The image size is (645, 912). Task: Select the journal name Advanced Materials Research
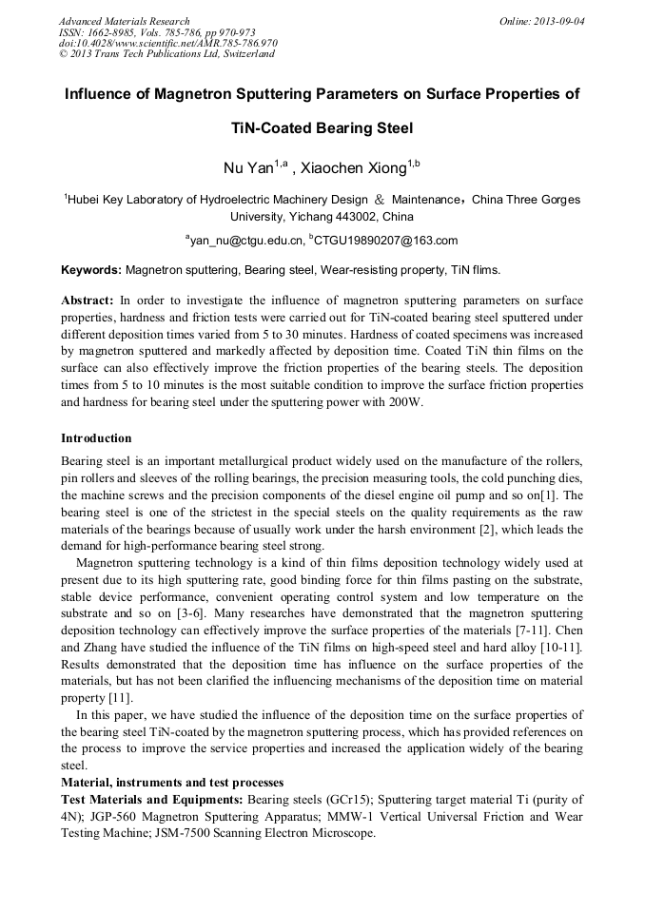click(x=124, y=21)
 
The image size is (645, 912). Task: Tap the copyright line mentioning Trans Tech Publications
click(x=166, y=54)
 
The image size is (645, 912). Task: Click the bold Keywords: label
click(x=91, y=270)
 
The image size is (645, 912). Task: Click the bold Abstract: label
click(x=88, y=299)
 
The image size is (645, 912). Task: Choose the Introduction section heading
click(x=96, y=438)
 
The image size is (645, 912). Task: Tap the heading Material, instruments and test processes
click(x=172, y=782)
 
